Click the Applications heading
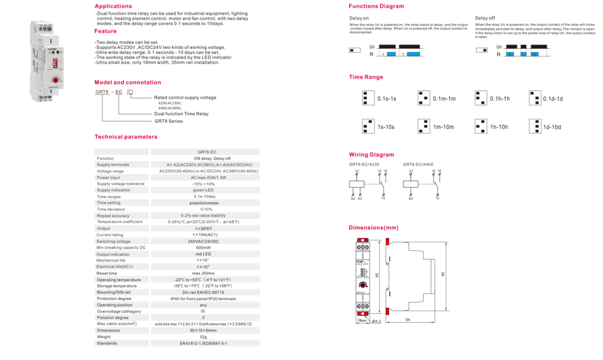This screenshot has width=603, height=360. pyautogui.click(x=113, y=7)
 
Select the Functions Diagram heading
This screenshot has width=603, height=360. pyautogui.click(x=376, y=6)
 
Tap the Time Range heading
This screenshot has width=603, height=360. pyautogui.click(x=366, y=77)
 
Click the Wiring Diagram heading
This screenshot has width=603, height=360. pyautogui.click(x=371, y=155)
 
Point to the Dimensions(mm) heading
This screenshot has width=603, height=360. pyautogui.click(x=373, y=228)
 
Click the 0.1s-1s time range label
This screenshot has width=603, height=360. pyautogui.click(x=387, y=98)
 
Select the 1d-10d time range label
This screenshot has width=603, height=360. pyautogui.click(x=552, y=127)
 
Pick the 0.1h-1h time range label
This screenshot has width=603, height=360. pyautogui.click(x=500, y=98)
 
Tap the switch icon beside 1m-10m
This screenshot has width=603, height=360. pyautogui.click(x=423, y=126)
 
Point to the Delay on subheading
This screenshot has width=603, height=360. pyautogui.click(x=359, y=19)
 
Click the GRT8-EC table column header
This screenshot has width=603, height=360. pyautogui.click(x=207, y=152)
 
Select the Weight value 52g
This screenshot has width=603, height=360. pyautogui.click(x=203, y=336)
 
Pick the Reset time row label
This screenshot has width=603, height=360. pyautogui.click(x=107, y=273)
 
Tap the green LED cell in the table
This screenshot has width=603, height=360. pyautogui.click(x=203, y=190)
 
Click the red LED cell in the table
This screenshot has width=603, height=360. pyautogui.click(x=203, y=254)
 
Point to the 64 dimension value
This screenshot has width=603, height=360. pyautogui.click(x=408, y=318)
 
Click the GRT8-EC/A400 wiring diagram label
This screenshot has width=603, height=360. pyautogui.click(x=418, y=164)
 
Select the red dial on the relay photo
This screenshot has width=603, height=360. pyautogui.click(x=55, y=80)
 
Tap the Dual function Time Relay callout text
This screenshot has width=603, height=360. pyautogui.click(x=181, y=113)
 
